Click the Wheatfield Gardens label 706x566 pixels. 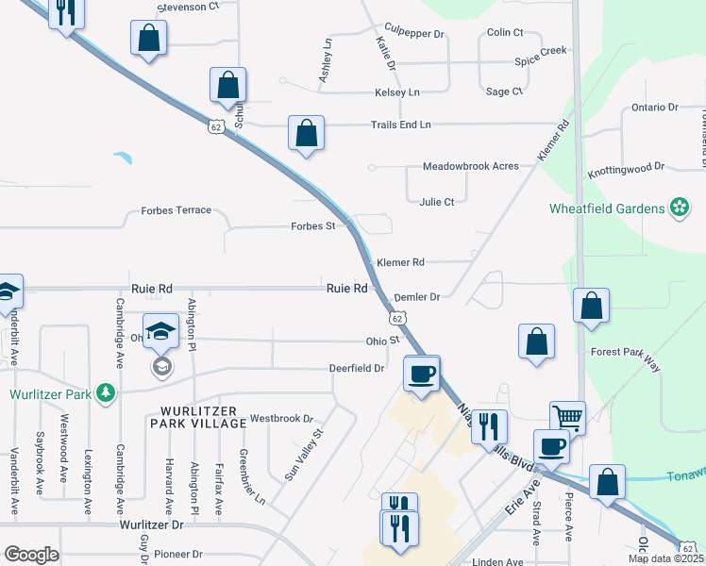pos(608,207)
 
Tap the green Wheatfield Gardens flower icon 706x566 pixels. pos(679,207)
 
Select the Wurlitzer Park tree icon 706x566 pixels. pos(108,393)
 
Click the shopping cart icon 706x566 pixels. pos(567,416)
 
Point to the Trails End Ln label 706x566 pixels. pos(400,125)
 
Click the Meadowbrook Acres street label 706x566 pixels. pos(470,166)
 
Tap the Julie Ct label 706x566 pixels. pos(437,202)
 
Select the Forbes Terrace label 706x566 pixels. pos(176,210)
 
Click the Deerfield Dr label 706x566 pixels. pos(357,368)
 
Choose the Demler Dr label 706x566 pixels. pos(417,296)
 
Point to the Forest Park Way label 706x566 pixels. pos(624,353)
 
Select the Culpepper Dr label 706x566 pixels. pos(414,33)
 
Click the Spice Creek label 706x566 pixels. pos(540,50)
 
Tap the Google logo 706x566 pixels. pos(31,555)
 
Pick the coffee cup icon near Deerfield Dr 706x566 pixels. pos(421,373)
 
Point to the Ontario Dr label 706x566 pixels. pos(655,108)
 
